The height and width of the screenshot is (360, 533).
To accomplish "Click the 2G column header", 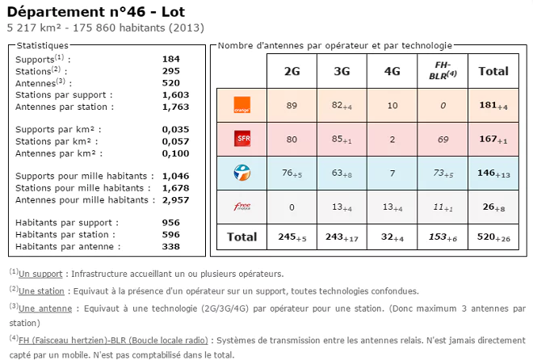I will [292, 71].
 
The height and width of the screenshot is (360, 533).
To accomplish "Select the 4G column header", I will [392, 71].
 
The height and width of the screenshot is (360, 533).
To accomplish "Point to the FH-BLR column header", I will [442, 70].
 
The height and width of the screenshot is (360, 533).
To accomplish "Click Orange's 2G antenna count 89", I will [292, 104].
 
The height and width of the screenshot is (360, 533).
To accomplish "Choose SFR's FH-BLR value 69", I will [442, 138].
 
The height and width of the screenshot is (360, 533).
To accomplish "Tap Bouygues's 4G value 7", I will [392, 172].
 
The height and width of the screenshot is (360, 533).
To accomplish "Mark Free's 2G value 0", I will [292, 206].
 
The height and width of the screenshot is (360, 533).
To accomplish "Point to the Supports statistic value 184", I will [170, 59].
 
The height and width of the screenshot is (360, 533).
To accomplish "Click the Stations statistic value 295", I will [170, 71].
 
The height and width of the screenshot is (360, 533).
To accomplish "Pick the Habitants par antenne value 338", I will [170, 246].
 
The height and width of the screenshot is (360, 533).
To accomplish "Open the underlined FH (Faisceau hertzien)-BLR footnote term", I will [114, 339].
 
